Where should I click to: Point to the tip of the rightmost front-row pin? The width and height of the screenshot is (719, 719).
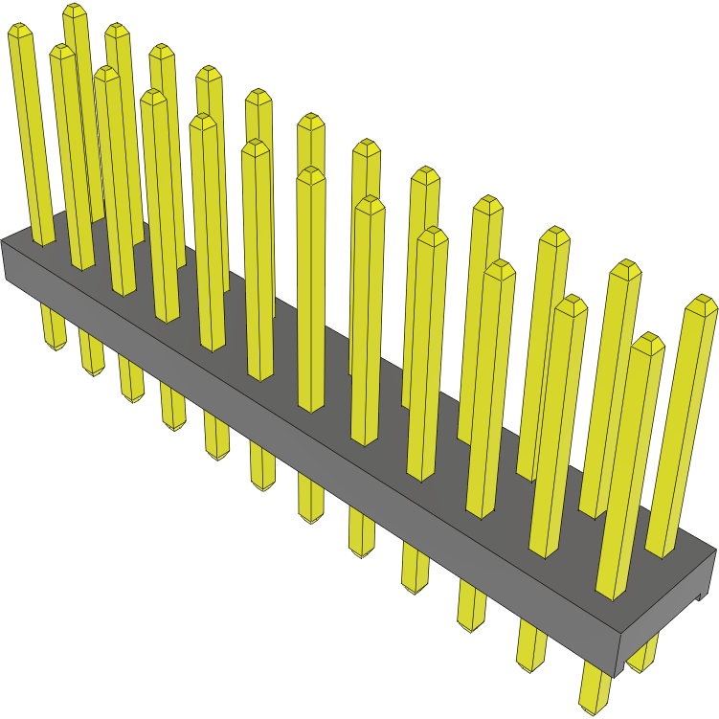tap(648, 340)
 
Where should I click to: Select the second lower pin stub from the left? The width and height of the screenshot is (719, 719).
tap(92, 354)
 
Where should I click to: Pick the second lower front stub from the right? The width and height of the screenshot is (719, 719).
tap(532, 651)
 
